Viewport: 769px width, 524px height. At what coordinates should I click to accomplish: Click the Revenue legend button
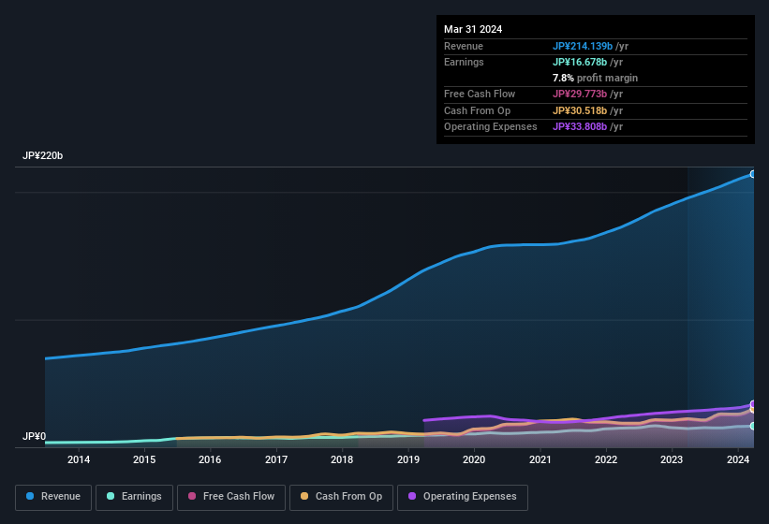53,497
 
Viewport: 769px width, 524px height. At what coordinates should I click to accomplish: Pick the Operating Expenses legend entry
462,497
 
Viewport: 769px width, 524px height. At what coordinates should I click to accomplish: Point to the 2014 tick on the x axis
79,459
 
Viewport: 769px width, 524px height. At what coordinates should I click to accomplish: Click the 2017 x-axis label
276,459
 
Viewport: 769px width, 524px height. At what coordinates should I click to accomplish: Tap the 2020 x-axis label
474,459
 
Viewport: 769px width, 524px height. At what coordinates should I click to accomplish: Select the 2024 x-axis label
737,459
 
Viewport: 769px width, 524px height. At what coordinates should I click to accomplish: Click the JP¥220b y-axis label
43,155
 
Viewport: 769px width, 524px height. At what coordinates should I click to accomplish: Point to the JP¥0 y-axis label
35,437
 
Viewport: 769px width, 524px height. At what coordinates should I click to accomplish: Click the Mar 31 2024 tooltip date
473,29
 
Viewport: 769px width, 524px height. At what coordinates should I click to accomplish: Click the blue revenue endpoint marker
752,174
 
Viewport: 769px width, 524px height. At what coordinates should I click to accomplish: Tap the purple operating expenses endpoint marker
752,404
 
